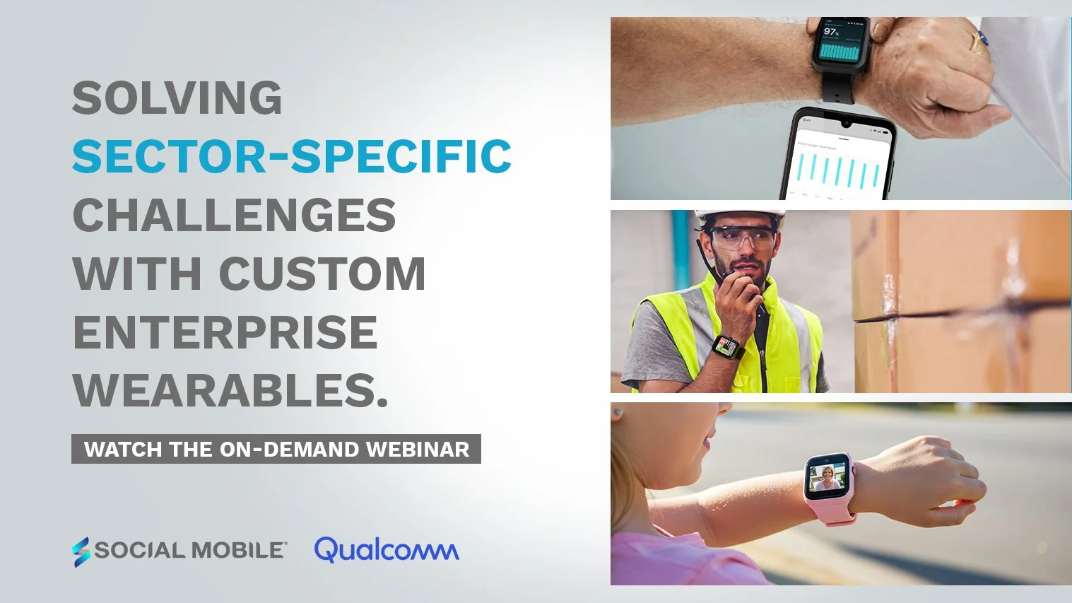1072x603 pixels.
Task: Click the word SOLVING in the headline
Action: (x=177, y=98)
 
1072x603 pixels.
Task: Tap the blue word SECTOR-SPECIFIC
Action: (x=292, y=157)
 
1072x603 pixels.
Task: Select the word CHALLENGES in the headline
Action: (x=234, y=216)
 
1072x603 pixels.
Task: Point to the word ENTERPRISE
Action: (x=225, y=332)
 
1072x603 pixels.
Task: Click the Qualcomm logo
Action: (x=386, y=550)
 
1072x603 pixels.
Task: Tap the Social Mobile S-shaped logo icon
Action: (x=81, y=551)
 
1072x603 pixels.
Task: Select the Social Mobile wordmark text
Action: (x=189, y=551)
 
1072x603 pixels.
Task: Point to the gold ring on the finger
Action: (x=978, y=42)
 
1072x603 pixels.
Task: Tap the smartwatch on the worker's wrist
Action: (x=726, y=346)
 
